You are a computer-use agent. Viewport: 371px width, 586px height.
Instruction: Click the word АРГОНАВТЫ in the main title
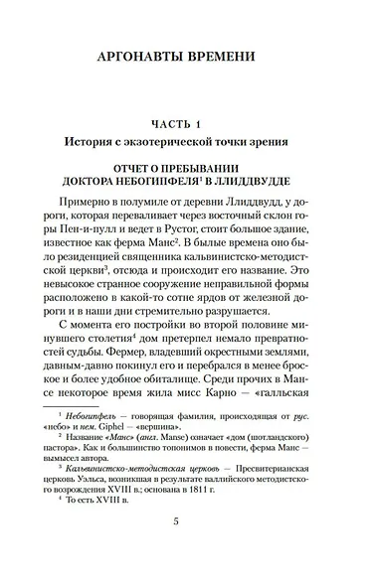[x=139, y=56]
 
